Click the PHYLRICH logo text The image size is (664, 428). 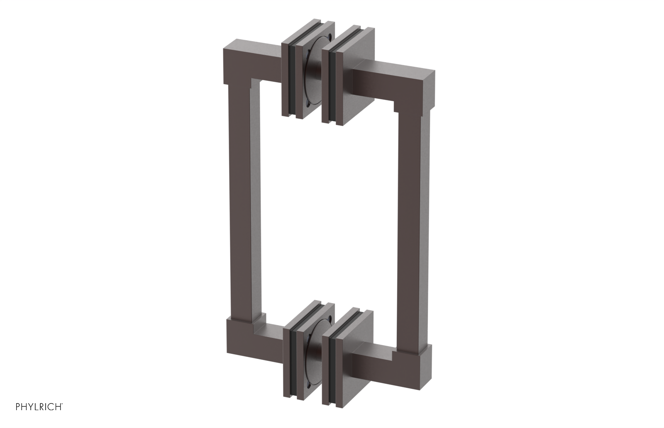(39, 406)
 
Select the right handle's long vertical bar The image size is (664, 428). (415, 216)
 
